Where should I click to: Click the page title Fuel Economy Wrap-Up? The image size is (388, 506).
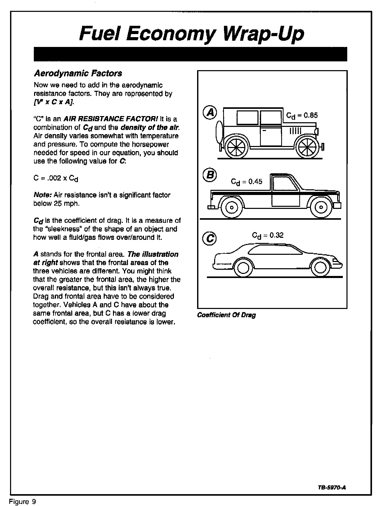tap(192, 34)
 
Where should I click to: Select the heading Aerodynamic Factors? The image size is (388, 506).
tap(78, 74)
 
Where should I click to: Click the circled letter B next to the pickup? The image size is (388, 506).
tap(210, 175)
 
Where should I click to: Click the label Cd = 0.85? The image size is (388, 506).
tap(302, 116)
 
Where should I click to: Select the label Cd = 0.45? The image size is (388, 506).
tap(246, 182)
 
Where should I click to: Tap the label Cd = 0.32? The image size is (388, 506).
tap(268, 235)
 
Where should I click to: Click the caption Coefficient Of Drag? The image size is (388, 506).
tap(226, 315)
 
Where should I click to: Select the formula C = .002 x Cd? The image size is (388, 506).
tap(56, 178)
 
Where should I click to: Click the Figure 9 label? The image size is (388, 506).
tap(22, 502)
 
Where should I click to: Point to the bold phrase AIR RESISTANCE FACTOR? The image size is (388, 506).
tap(110, 119)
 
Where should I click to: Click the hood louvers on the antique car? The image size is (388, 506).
tap(295, 131)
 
